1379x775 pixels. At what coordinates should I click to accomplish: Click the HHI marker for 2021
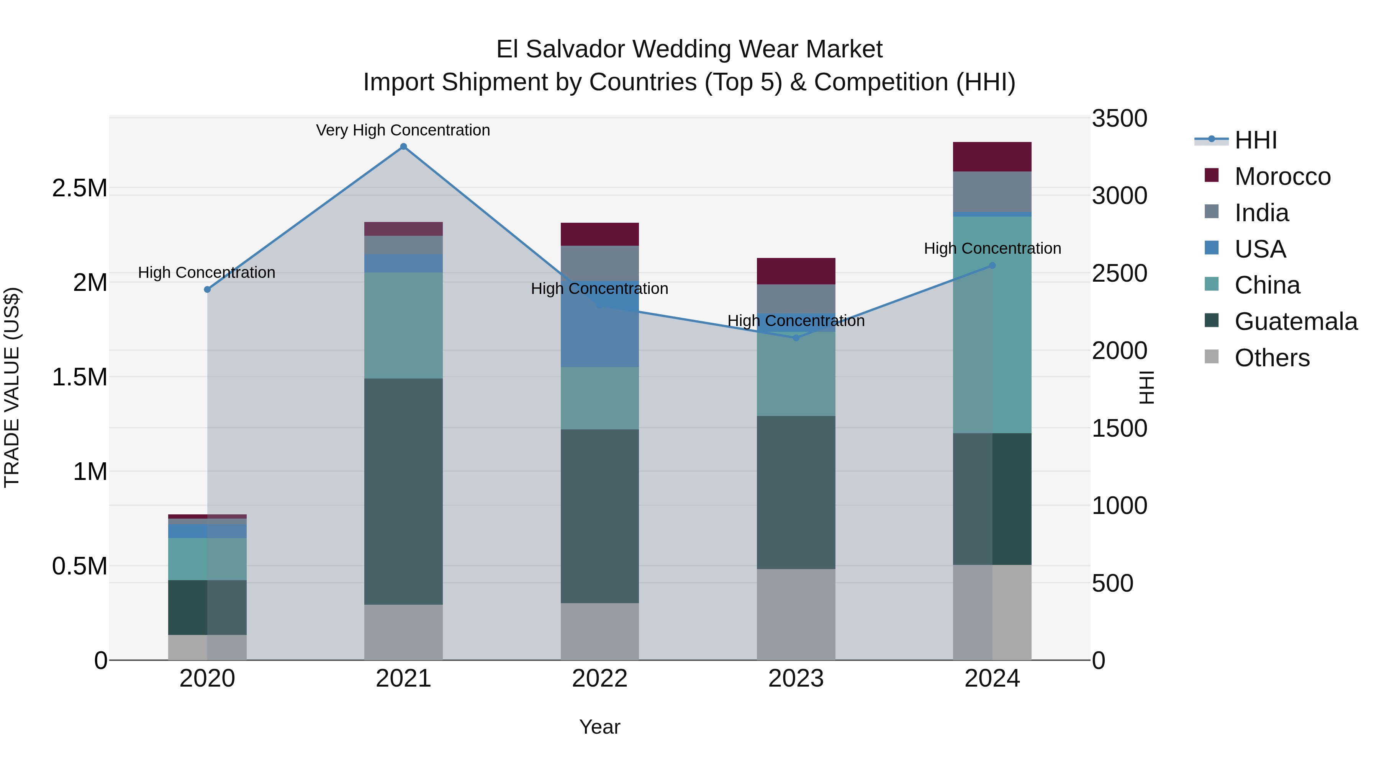(404, 147)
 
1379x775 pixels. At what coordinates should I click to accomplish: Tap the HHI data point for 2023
(796, 338)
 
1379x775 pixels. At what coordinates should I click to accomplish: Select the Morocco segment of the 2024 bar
(992, 157)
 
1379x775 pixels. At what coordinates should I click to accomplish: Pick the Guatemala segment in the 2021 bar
(404, 491)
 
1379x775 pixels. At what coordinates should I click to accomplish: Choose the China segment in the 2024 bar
(992, 325)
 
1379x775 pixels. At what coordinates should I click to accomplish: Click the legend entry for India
(1261, 213)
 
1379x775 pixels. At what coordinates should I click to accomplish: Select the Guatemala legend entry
(1295, 321)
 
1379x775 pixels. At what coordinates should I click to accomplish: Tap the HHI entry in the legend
(1255, 140)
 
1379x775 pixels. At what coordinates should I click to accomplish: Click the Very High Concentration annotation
(403, 130)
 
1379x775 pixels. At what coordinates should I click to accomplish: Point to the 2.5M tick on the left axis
(80, 188)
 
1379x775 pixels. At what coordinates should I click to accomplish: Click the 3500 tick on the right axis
(1119, 118)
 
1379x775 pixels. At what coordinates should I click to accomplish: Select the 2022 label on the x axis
(599, 679)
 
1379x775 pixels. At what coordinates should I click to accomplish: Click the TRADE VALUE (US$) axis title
(12, 387)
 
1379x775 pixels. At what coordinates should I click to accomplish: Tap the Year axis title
(599, 727)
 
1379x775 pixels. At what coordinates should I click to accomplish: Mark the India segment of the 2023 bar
(796, 299)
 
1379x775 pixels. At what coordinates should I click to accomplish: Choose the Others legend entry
(1271, 358)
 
